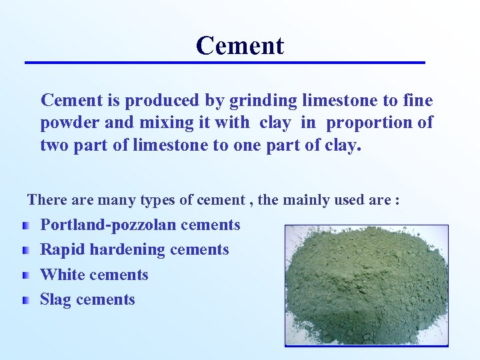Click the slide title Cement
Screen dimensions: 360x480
[x=240, y=45]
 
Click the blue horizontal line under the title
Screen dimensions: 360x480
[x=225, y=63]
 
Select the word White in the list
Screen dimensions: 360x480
[x=62, y=275]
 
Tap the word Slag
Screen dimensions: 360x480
[x=56, y=300]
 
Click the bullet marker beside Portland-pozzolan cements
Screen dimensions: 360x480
[x=25, y=226]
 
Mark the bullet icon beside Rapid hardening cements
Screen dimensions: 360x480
[x=25, y=251]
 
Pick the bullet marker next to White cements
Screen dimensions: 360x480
[x=25, y=276]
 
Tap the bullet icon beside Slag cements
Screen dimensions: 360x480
[x=25, y=301]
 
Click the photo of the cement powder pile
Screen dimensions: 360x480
[x=366, y=285]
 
